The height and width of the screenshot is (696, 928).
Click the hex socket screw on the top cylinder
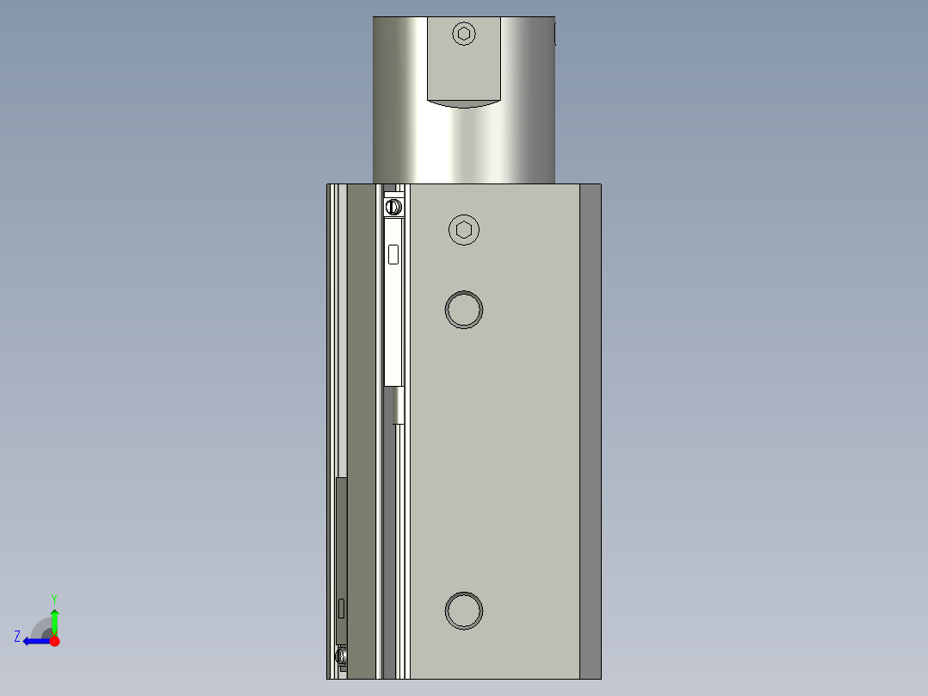click(x=464, y=34)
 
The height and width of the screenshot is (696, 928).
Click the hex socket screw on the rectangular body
click(x=465, y=230)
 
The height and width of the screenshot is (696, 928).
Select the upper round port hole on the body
click(x=464, y=309)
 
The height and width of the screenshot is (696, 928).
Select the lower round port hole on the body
click(x=464, y=611)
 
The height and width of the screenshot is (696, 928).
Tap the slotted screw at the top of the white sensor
click(x=393, y=207)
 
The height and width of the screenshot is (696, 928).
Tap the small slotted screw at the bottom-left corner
click(x=342, y=657)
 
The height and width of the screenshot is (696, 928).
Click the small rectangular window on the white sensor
click(x=393, y=254)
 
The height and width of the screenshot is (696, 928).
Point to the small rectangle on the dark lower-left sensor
click(x=342, y=607)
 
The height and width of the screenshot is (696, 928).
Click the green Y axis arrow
click(x=54, y=618)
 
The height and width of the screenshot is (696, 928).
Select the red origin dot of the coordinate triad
click(x=54, y=640)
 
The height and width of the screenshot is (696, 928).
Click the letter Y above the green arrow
click(x=54, y=598)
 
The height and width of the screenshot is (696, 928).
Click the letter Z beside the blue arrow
click(x=17, y=637)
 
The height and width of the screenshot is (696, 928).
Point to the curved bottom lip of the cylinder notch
click(x=464, y=104)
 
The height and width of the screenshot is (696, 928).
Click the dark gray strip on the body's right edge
click(x=590, y=431)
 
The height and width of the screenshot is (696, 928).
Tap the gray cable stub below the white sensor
click(x=399, y=405)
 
